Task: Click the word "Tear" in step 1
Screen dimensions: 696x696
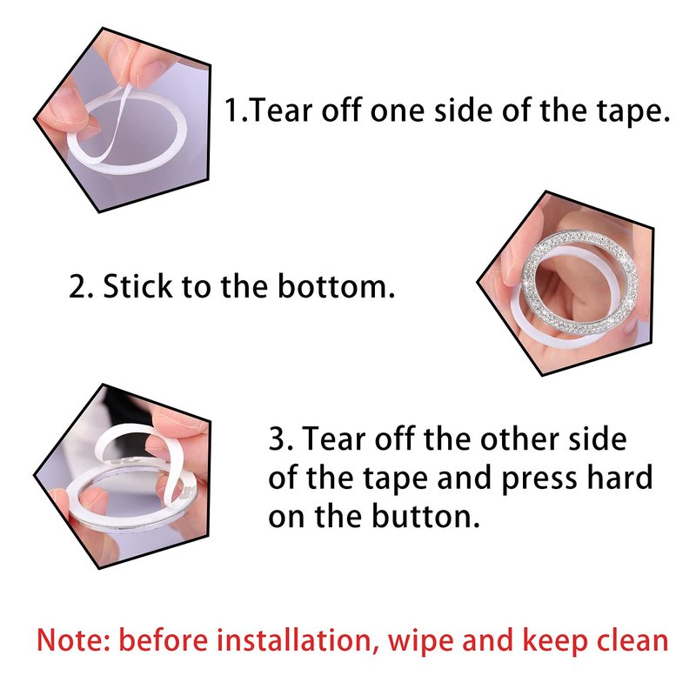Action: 282,110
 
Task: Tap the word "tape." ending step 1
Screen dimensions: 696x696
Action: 633,112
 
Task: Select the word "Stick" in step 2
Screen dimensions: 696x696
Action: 137,286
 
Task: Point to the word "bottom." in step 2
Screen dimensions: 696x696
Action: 336,286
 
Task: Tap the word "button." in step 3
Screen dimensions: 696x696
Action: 425,516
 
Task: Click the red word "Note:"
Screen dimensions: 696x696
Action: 73,640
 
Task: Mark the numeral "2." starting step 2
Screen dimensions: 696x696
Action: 81,286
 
